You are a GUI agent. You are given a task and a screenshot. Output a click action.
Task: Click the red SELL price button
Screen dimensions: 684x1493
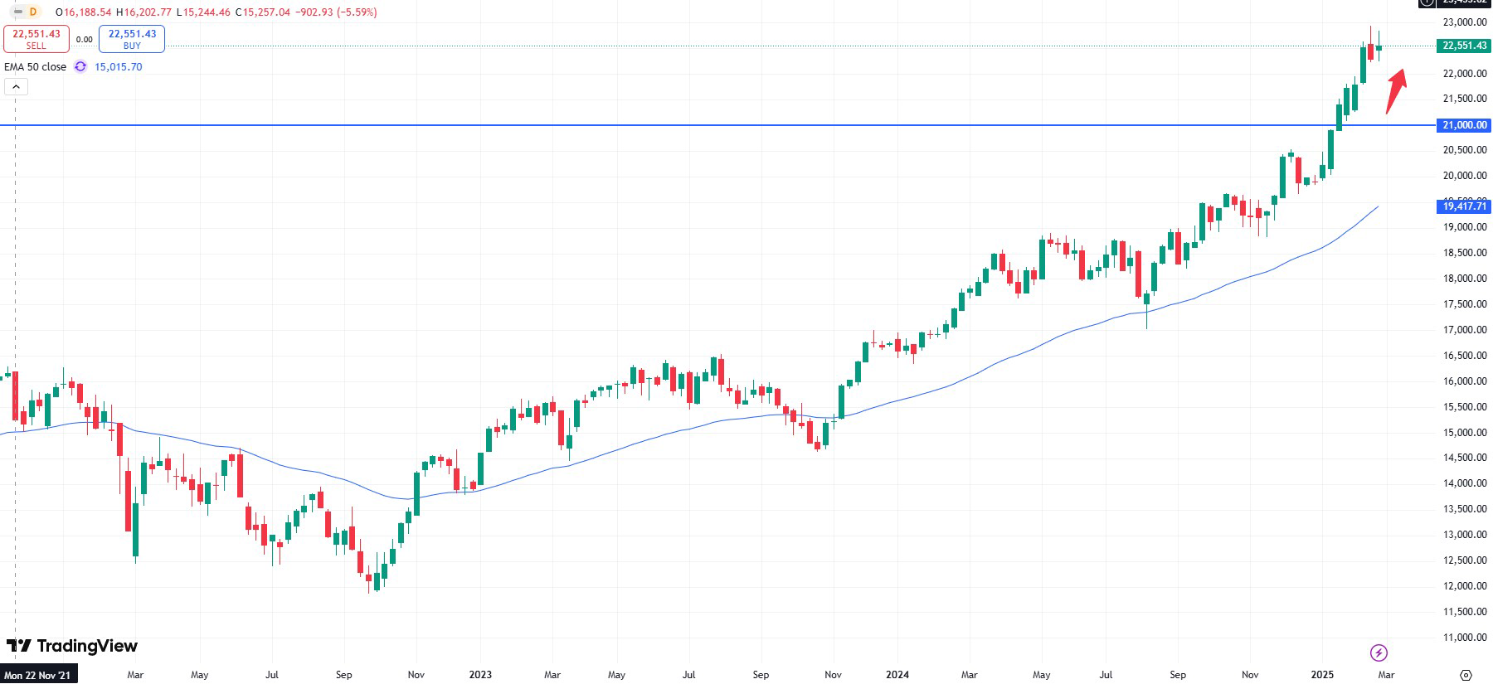(x=36, y=39)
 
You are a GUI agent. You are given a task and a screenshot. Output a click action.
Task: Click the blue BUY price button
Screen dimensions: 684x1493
(x=132, y=39)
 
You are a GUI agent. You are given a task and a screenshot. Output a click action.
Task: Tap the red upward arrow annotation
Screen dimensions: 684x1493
(x=1396, y=90)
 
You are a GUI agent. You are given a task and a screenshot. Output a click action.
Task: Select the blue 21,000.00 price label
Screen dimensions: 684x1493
(x=1465, y=125)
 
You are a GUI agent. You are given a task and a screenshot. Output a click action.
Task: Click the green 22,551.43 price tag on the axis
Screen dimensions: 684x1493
(x=1465, y=46)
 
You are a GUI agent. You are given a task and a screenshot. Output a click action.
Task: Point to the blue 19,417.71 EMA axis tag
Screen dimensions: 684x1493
(x=1465, y=206)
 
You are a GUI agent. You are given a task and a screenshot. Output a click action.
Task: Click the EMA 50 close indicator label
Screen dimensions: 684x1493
(x=36, y=67)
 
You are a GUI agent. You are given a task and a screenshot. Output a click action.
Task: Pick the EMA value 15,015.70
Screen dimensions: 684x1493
(x=118, y=67)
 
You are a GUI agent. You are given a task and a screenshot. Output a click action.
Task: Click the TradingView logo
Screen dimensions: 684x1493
(x=72, y=646)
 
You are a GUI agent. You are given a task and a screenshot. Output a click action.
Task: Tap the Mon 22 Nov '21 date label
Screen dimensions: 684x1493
(x=38, y=675)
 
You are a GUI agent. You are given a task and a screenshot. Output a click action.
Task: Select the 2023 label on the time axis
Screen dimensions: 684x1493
(x=480, y=675)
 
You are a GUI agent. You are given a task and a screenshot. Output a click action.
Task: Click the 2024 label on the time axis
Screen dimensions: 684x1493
(x=897, y=675)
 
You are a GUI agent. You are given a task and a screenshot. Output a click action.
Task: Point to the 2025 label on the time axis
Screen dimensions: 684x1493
(x=1322, y=675)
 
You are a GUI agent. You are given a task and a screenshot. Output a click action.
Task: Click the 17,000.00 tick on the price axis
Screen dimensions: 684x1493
(x=1465, y=330)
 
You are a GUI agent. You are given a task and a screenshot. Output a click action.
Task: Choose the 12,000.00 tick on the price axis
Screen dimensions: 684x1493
(x=1465, y=586)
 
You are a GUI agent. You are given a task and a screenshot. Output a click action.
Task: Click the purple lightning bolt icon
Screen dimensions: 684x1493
(x=1379, y=652)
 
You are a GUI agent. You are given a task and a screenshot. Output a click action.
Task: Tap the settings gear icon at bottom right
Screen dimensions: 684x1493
(x=1466, y=675)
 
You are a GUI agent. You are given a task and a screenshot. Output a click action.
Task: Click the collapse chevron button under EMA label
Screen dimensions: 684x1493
(x=16, y=86)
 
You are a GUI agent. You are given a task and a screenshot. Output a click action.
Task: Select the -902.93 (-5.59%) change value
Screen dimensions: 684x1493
(x=336, y=12)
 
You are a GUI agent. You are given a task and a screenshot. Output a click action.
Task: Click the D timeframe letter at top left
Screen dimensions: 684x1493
(x=33, y=12)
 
